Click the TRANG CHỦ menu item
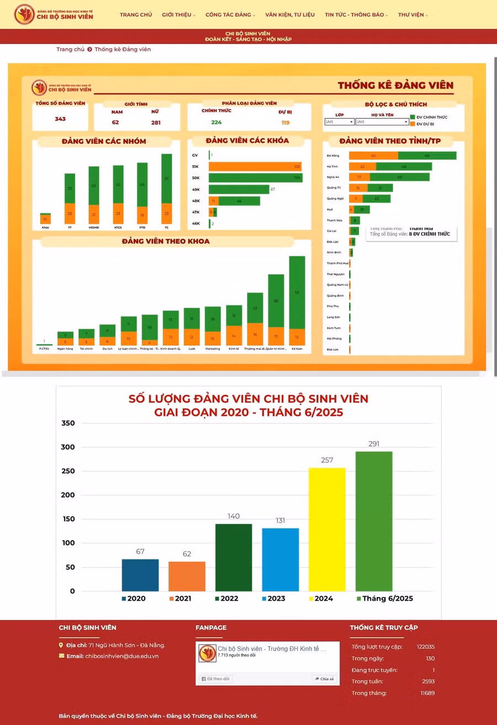tap(136, 15)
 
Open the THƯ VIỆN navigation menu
tap(413, 15)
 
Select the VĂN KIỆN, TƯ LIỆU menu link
tap(290, 15)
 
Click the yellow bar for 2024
tap(327, 529)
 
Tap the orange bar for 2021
tap(187, 576)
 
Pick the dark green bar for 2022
tap(234, 557)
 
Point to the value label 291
tap(374, 444)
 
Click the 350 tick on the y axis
tap(68, 423)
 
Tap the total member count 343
tap(60, 119)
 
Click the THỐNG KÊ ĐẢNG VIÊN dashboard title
tap(395, 85)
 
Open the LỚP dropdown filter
tap(339, 122)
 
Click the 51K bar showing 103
tap(255, 166)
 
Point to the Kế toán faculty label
tap(297, 349)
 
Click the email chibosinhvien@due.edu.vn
tap(121, 656)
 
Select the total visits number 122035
tap(425, 647)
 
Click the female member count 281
tap(156, 123)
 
